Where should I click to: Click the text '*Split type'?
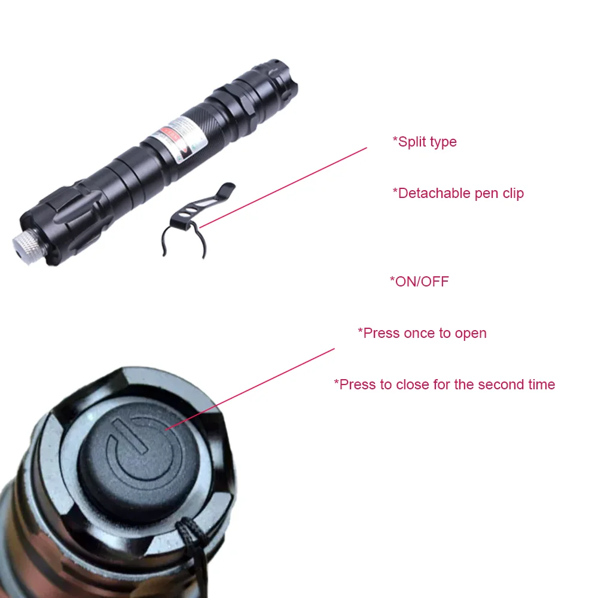point(425,142)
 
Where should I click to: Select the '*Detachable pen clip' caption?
point(458,193)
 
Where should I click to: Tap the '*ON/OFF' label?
point(419,282)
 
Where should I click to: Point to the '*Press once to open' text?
point(422,333)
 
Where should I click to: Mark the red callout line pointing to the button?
point(251,388)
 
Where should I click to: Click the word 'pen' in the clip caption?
point(487,193)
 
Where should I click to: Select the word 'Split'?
point(411,142)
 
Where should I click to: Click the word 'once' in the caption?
point(418,333)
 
